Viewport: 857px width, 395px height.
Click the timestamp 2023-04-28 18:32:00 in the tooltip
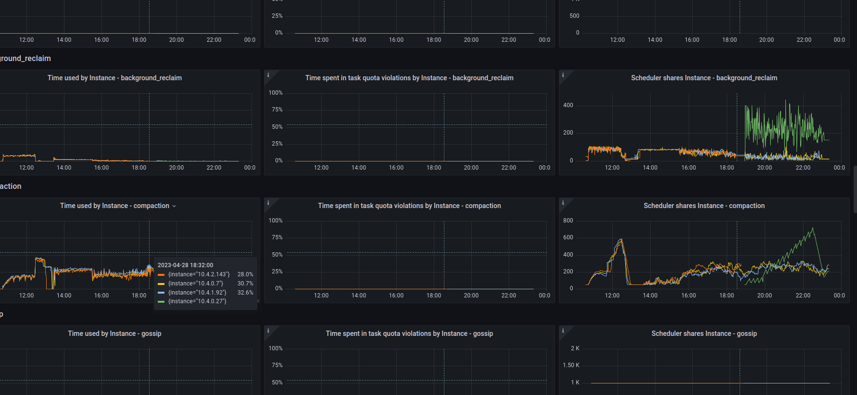pos(185,265)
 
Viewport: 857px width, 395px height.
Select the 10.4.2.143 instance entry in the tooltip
pos(199,274)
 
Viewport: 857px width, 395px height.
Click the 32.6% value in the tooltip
pos(245,293)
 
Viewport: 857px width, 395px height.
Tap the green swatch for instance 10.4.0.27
pos(161,302)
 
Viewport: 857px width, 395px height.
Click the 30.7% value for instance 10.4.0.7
pos(245,284)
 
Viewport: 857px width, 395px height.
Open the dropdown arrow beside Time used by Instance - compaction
pos(174,206)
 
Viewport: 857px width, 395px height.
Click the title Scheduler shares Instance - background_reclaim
pos(704,78)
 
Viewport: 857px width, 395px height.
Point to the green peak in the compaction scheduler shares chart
pos(813,229)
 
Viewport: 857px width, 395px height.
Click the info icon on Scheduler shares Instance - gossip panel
pos(563,331)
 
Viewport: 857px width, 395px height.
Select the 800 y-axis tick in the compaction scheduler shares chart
pos(568,221)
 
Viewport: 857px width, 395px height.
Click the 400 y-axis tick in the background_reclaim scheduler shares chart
pos(568,105)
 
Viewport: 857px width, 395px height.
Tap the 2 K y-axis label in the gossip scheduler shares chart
pos(575,348)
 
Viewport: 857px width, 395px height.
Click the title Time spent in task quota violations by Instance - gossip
pos(409,333)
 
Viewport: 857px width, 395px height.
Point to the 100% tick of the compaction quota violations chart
pos(276,221)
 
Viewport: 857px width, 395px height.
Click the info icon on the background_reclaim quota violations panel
pos(268,75)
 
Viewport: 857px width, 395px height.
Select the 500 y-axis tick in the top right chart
pos(574,16)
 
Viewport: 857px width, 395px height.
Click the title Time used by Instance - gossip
pos(114,333)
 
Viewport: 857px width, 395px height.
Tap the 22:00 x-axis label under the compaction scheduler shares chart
pos(803,296)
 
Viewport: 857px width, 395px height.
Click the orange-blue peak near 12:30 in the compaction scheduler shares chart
pos(620,240)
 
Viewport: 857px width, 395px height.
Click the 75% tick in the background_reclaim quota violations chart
pos(277,110)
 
